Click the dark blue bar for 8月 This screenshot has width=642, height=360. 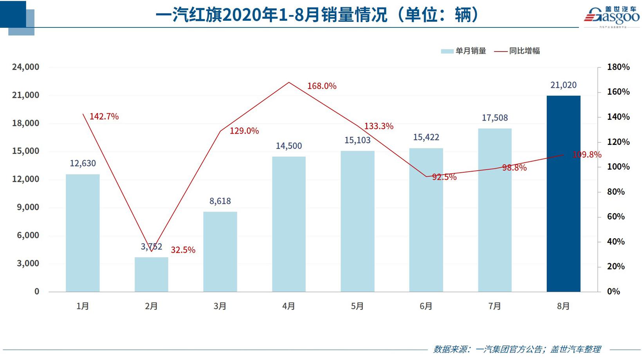pyautogui.click(x=563, y=194)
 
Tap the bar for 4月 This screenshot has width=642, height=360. pyautogui.click(x=289, y=224)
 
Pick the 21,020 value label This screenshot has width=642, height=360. pyautogui.click(x=563, y=85)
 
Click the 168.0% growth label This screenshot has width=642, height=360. pyautogui.click(x=321, y=86)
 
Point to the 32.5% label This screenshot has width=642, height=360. pyautogui.click(x=183, y=250)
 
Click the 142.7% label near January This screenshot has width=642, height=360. pyautogui.click(x=104, y=116)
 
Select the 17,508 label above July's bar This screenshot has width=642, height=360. pyautogui.click(x=494, y=118)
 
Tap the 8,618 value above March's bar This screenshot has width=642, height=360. pyautogui.click(x=220, y=201)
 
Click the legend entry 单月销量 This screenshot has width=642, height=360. pyautogui.click(x=464, y=51)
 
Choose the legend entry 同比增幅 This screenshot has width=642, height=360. pyautogui.click(x=518, y=51)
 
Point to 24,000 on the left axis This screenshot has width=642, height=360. pyautogui.click(x=26, y=67)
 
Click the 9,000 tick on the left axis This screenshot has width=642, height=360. pyautogui.click(x=28, y=207)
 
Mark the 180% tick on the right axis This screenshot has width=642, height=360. pyautogui.click(x=618, y=67)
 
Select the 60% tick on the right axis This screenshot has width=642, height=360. pyautogui.click(x=616, y=217)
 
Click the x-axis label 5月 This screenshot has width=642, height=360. pyautogui.click(x=357, y=306)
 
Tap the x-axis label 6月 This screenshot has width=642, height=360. pyautogui.click(x=426, y=306)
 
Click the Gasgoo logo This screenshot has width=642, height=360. pyautogui.click(x=611, y=16)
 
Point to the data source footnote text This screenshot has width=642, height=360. pyautogui.click(x=517, y=349)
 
